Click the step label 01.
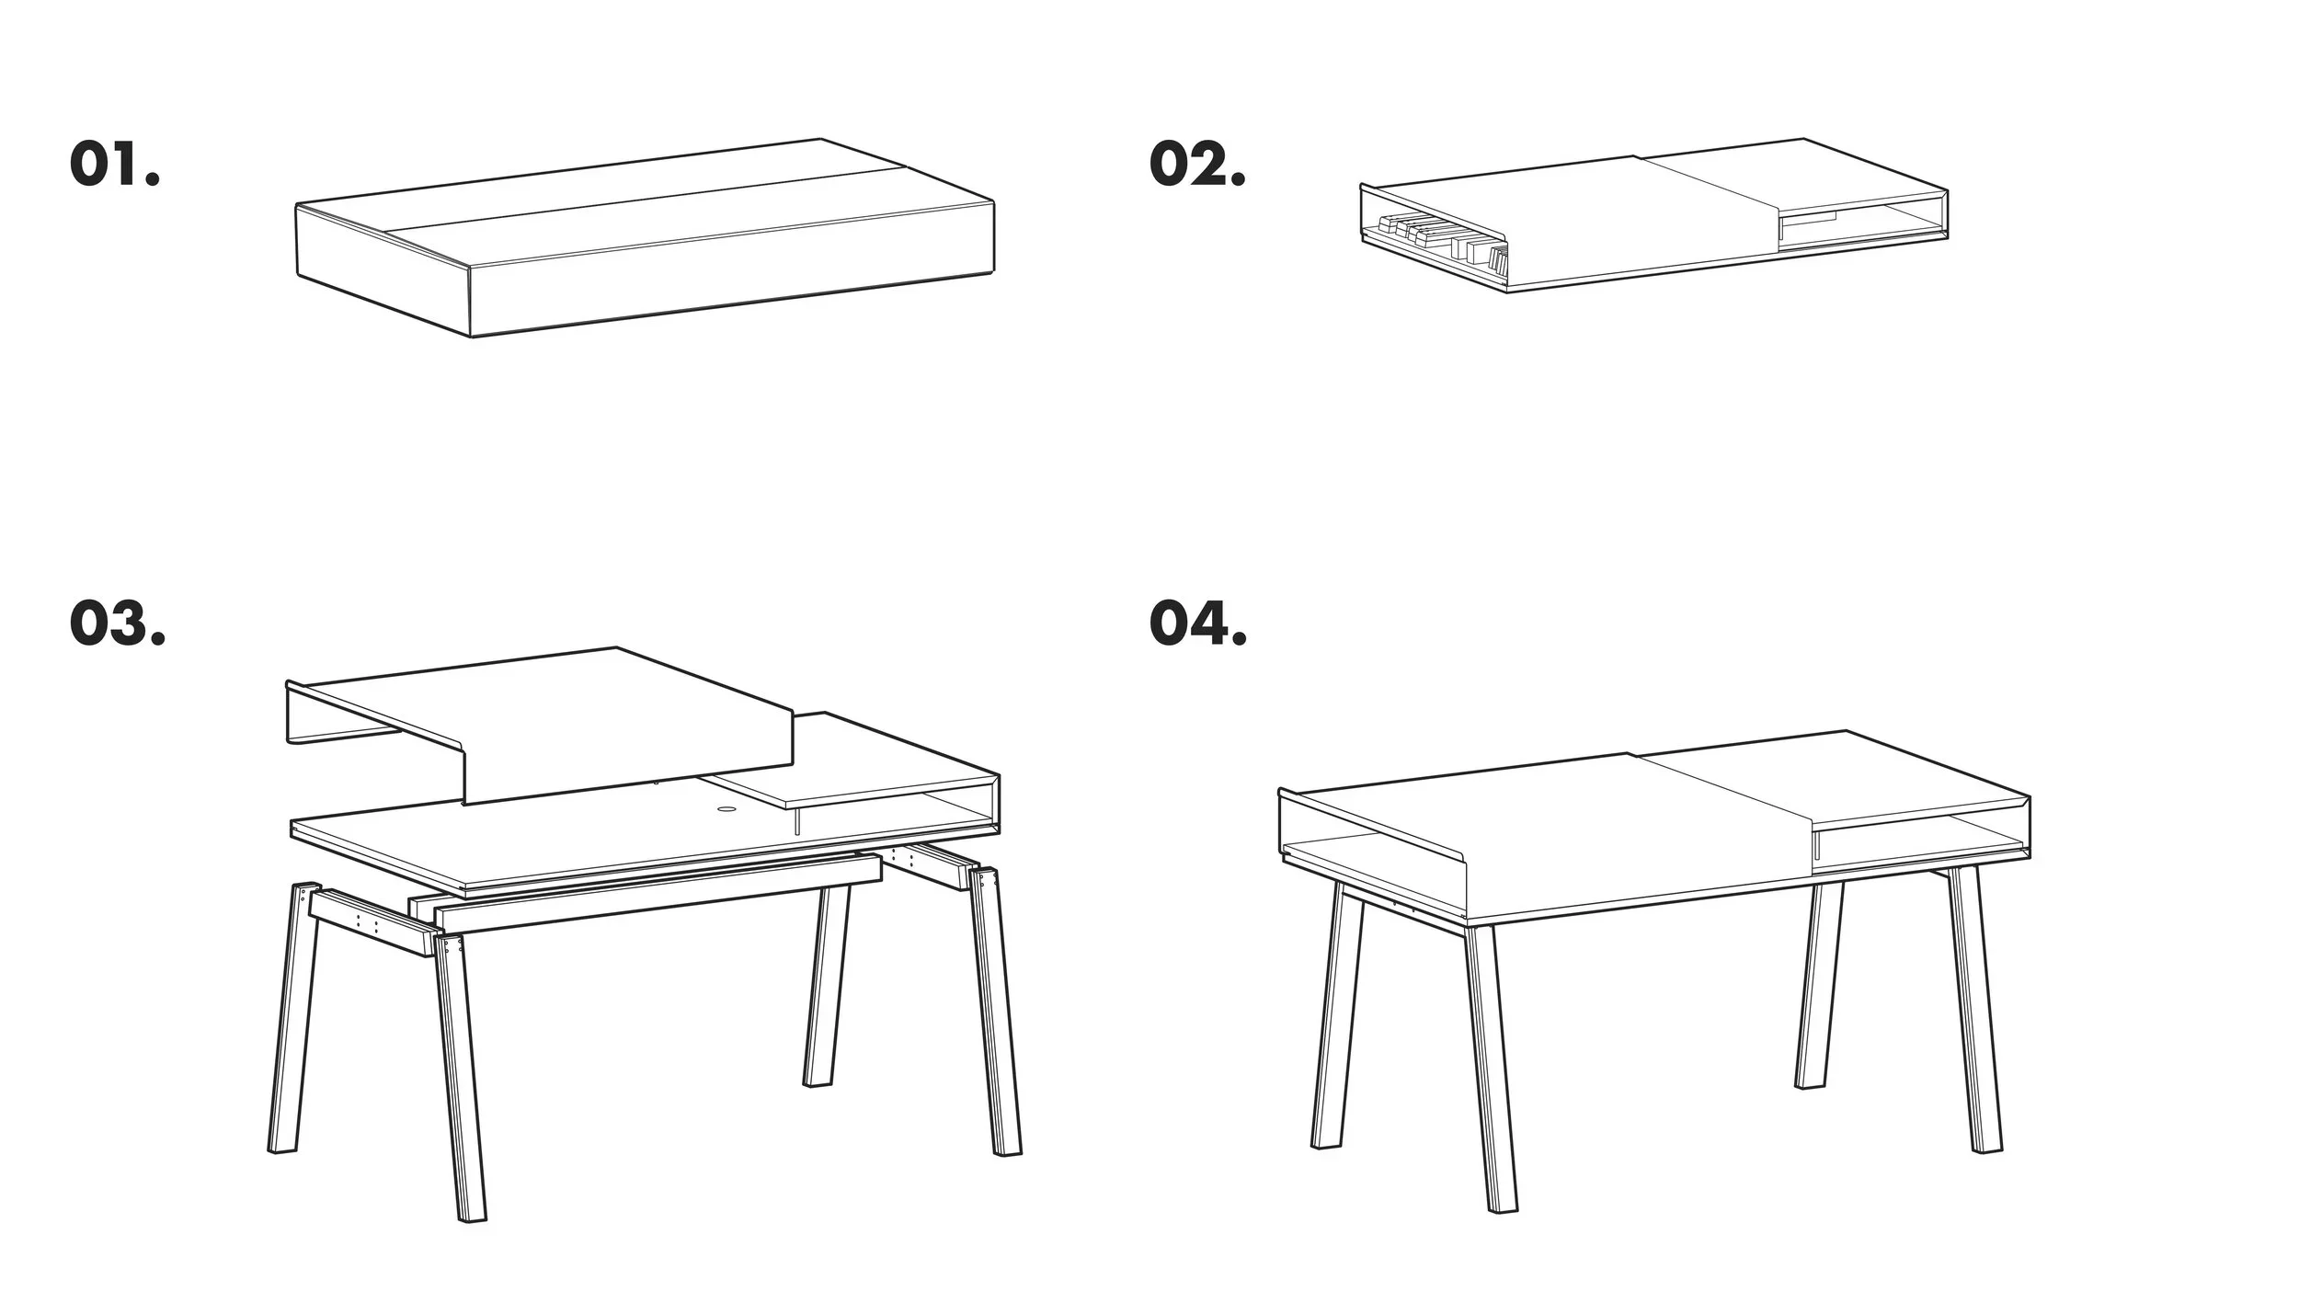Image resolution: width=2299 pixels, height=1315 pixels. point(114,166)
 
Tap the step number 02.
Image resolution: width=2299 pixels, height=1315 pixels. point(1197,166)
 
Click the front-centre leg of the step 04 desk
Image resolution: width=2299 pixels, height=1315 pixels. point(1491,1067)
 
